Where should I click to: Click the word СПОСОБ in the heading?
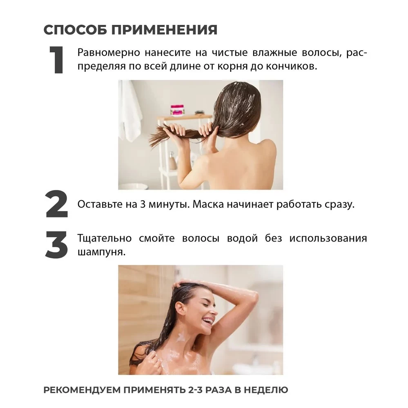tap(75, 30)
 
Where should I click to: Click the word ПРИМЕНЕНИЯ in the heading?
tap(165, 30)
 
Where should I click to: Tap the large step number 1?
tap(57, 60)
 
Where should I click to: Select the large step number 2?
tap(57, 204)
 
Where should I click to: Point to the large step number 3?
tap(56, 244)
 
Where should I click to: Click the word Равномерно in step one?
tap(109, 53)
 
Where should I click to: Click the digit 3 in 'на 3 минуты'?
tap(143, 204)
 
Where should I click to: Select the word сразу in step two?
tap(339, 205)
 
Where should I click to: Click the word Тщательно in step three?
tap(105, 239)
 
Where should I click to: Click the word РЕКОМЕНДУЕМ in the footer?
tap(82, 390)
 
